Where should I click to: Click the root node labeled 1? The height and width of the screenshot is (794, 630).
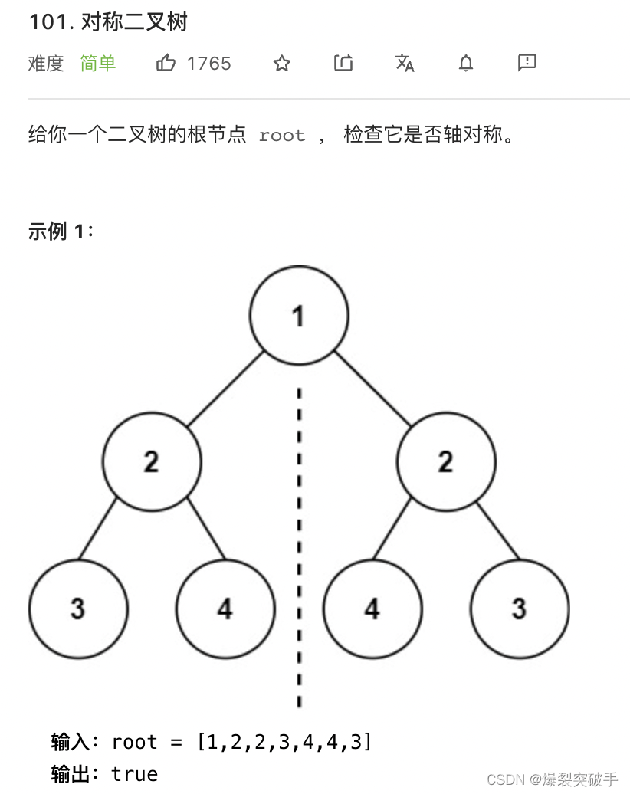299,315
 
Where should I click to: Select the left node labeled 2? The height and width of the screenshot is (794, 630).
152,461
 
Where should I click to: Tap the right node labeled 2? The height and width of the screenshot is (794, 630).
446,461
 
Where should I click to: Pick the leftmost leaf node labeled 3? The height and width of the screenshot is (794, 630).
78,609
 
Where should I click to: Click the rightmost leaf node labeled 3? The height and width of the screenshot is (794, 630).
520,609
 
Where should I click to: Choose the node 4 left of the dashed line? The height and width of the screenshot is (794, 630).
225,609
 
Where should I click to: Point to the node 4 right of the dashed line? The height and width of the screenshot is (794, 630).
372,609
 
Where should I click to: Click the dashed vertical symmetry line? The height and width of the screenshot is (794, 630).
299,536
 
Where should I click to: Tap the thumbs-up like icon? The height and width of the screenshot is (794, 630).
166,63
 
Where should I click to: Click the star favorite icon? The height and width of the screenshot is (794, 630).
282,63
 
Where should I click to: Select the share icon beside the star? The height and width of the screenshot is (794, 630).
343,63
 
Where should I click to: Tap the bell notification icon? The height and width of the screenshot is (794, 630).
466,63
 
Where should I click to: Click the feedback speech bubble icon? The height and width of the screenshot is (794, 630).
527,63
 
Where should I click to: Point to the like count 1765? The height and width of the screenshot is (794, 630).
208,63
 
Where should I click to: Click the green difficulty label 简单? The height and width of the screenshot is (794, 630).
98,63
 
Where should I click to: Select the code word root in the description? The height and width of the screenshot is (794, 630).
282,136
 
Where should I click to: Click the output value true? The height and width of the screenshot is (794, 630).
135,774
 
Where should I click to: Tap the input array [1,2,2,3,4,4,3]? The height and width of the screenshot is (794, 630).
284,742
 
